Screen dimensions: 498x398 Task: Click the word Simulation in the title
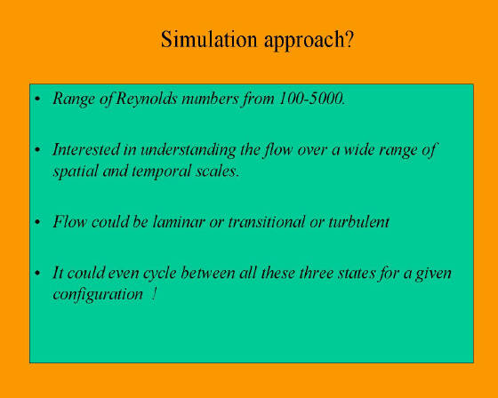209,39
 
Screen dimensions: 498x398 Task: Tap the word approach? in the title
309,41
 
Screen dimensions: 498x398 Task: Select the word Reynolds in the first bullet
147,99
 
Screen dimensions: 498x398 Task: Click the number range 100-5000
311,99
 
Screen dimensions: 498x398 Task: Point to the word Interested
85,149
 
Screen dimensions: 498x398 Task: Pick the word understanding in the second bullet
189,150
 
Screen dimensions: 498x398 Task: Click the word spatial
76,171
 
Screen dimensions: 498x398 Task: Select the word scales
218,171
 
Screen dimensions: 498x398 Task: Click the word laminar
178,221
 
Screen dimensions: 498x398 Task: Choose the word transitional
266,221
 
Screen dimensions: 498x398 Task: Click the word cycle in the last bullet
160,274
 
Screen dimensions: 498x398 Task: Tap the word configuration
98,295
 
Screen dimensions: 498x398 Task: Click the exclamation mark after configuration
154,293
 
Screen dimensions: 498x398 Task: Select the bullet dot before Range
37,99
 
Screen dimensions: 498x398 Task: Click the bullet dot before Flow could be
37,221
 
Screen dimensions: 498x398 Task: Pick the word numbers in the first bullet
210,99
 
